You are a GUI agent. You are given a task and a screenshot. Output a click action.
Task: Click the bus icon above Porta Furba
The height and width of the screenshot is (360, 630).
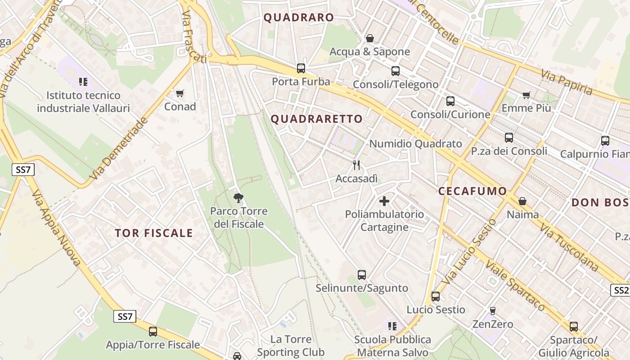click(301, 68)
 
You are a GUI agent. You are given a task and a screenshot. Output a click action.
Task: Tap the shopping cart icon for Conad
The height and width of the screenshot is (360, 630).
click(180, 93)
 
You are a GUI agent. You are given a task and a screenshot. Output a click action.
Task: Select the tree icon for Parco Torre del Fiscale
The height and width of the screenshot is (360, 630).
click(238, 198)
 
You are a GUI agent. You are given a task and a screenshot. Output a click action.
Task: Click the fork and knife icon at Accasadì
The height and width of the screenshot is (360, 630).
click(356, 165)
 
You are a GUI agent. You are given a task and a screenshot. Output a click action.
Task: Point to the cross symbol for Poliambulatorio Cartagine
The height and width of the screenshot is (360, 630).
click(384, 201)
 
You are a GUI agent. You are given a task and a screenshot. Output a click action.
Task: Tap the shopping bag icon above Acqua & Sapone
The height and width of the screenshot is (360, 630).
click(369, 38)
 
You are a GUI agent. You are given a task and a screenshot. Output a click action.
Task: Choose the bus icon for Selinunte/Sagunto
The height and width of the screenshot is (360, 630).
click(362, 274)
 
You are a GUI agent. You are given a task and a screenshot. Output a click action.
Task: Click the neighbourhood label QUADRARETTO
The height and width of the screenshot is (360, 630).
click(316, 119)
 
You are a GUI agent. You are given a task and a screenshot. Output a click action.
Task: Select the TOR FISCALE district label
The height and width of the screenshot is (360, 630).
click(153, 233)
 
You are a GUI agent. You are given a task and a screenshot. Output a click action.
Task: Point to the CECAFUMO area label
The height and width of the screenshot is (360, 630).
click(472, 191)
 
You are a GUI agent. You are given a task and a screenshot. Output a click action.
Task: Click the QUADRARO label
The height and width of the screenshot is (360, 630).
click(299, 18)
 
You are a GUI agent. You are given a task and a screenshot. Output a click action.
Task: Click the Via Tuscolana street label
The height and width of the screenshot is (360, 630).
click(569, 248)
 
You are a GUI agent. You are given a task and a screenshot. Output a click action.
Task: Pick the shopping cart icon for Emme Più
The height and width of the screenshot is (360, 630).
click(526, 95)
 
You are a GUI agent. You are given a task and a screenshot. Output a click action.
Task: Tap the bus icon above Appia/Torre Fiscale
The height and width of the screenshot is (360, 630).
click(153, 332)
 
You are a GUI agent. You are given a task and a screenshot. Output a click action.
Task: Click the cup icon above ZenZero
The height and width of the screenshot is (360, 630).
click(493, 310)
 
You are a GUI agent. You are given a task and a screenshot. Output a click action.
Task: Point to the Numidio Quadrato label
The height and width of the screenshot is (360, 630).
click(415, 144)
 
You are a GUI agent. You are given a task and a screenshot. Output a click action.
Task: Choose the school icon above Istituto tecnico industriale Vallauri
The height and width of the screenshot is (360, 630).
click(83, 81)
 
